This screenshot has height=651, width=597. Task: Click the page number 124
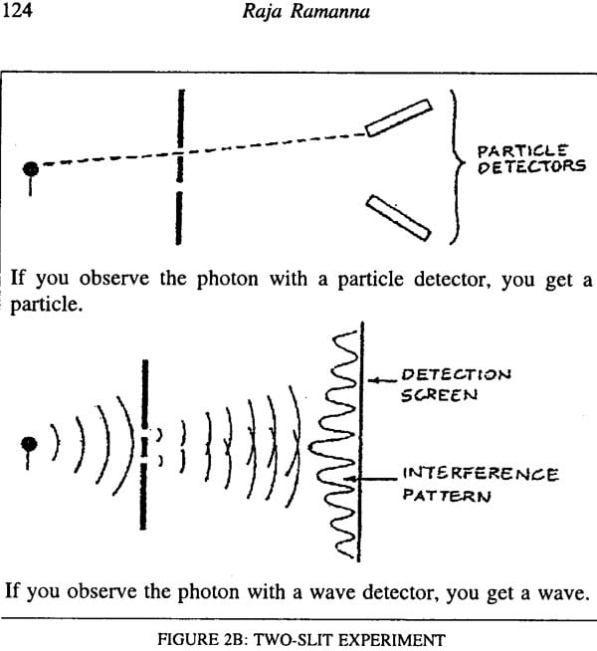pyautogui.click(x=18, y=10)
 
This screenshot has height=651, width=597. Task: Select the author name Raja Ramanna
pyautogui.click(x=305, y=11)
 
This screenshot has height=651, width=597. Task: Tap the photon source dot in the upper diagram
pyautogui.click(x=31, y=169)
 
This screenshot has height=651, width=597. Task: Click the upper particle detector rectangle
pyautogui.click(x=399, y=117)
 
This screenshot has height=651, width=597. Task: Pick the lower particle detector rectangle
pyautogui.click(x=398, y=218)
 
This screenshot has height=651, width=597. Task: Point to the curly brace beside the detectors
pyautogui.click(x=457, y=167)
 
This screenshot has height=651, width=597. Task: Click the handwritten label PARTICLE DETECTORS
pyautogui.click(x=531, y=159)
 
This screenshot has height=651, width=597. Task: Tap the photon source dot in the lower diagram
pyautogui.click(x=29, y=444)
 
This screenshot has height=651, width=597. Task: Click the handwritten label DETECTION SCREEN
pyautogui.click(x=456, y=385)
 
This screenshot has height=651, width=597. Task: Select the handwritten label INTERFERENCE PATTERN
pyautogui.click(x=481, y=484)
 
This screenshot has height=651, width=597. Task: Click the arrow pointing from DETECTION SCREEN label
pyautogui.click(x=382, y=380)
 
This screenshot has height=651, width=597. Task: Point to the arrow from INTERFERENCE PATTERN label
pyautogui.click(x=371, y=479)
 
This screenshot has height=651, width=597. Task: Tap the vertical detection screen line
pyautogui.click(x=361, y=442)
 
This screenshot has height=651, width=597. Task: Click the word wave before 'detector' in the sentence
pyautogui.click(x=332, y=592)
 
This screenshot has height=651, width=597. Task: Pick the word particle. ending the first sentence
pyautogui.click(x=45, y=306)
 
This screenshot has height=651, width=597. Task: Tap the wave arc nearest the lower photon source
pyautogui.click(x=55, y=442)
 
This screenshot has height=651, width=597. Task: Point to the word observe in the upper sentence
pyautogui.click(x=113, y=278)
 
